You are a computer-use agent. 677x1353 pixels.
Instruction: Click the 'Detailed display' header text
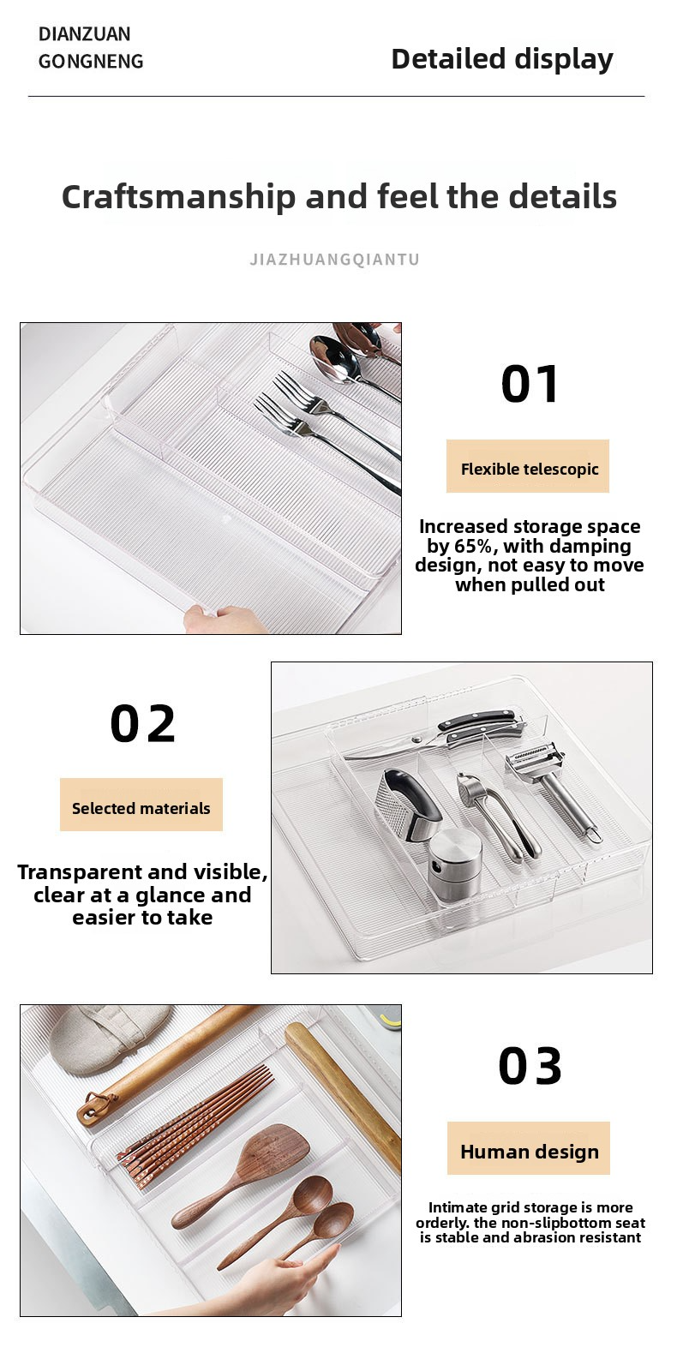[502, 59]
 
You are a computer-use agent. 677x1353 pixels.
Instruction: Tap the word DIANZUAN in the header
[85, 33]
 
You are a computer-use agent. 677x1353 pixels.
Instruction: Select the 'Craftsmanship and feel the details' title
[338, 197]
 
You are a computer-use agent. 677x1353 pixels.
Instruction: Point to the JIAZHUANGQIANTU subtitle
[334, 260]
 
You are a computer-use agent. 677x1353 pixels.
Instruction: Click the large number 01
[530, 384]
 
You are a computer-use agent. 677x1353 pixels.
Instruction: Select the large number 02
[142, 723]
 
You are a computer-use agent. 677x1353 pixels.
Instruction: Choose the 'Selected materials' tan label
[141, 805]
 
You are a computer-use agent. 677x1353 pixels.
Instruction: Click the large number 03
[530, 1067]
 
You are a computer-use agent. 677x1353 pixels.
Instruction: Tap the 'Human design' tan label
[529, 1147]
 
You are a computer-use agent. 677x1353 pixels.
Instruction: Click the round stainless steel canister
[455, 859]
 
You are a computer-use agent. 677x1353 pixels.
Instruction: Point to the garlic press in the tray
[498, 815]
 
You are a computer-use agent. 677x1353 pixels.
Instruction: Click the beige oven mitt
[110, 1038]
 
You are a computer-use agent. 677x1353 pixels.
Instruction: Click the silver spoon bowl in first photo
[332, 359]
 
